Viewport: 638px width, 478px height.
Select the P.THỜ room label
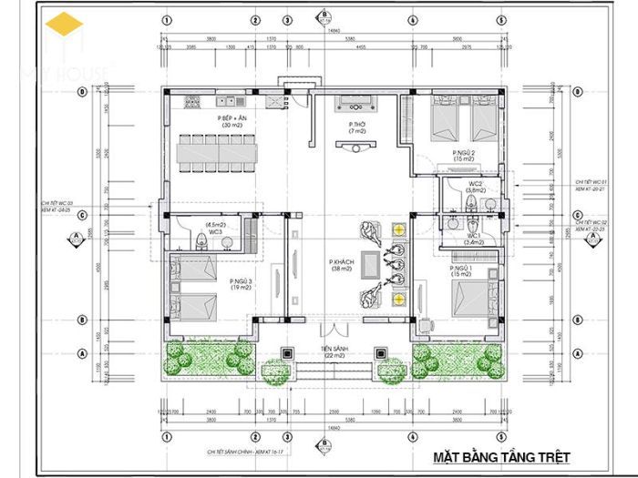click(x=356, y=127)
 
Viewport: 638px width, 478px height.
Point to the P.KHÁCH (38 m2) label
click(x=342, y=265)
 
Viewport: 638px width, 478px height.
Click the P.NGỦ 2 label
click(x=464, y=155)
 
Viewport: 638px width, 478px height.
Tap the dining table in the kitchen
click(x=219, y=152)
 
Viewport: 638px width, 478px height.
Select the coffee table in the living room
click(x=371, y=263)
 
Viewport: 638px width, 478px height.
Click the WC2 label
click(x=475, y=186)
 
